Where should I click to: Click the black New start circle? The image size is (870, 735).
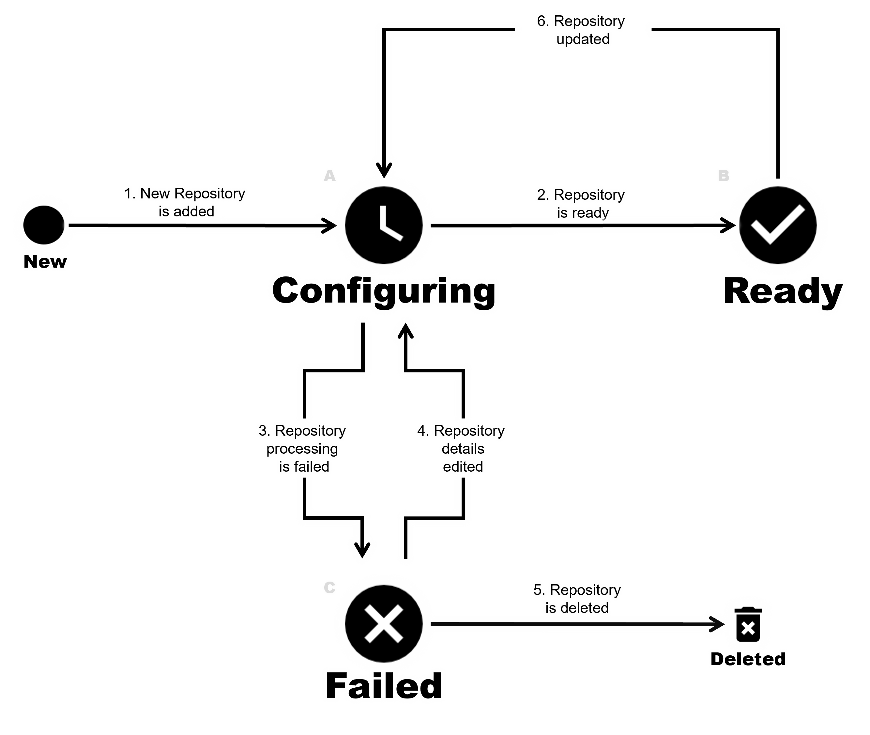[44, 225]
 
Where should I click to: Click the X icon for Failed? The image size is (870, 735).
[384, 624]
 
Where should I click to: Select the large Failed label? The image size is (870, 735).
[384, 685]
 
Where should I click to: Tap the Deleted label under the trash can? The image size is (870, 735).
[748, 659]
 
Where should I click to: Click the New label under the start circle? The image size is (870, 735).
[45, 262]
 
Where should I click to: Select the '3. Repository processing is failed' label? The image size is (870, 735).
[303, 448]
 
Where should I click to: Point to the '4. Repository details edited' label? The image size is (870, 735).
[462, 448]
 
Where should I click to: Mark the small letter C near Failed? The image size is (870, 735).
[329, 588]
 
